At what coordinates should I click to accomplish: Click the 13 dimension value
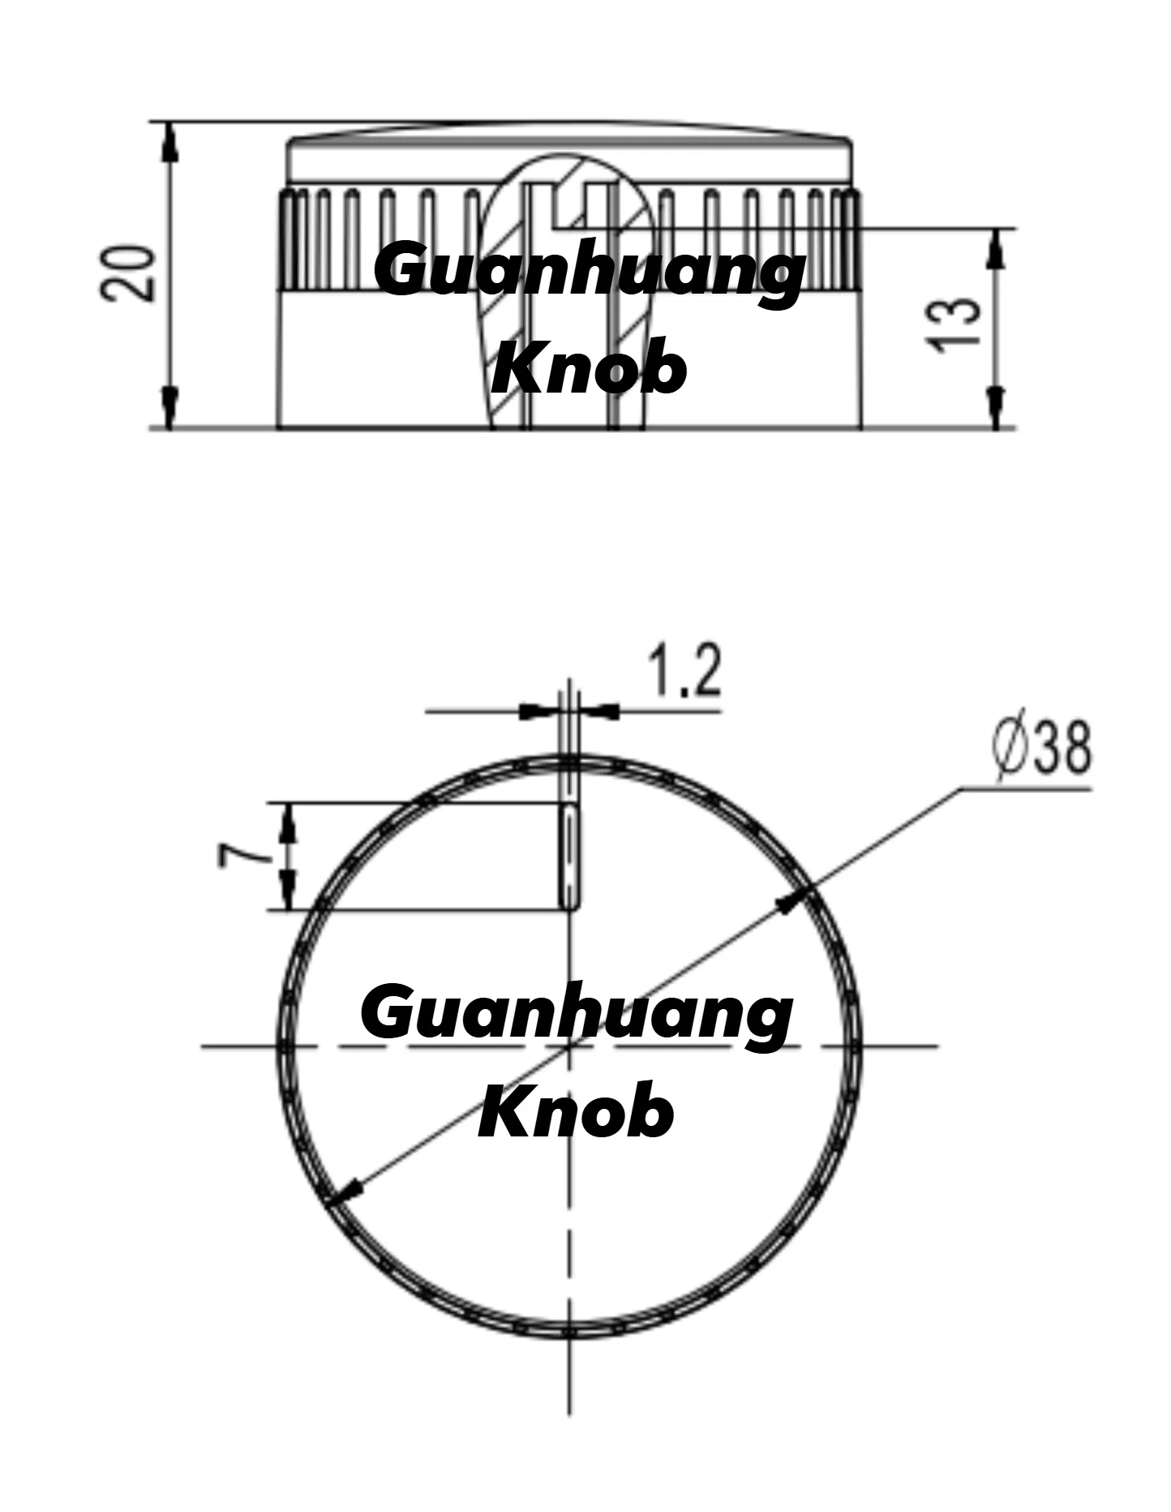pos(955,324)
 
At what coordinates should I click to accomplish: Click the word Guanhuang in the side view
pos(590,272)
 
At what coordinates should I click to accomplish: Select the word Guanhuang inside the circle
pos(577,1014)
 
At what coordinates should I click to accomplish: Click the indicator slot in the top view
pos(571,856)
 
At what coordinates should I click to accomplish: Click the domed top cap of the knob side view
pos(570,154)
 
